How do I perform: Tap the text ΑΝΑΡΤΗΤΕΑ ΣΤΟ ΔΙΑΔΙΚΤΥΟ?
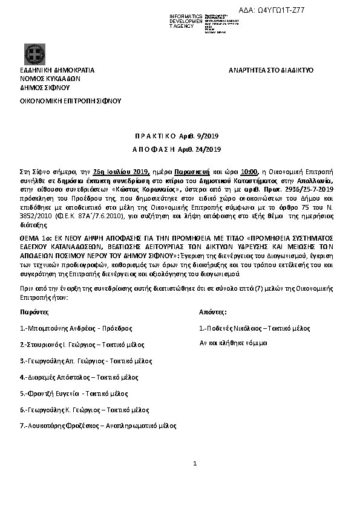point(270,71)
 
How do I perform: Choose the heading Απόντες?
point(213,312)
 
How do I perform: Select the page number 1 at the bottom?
point(195,464)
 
